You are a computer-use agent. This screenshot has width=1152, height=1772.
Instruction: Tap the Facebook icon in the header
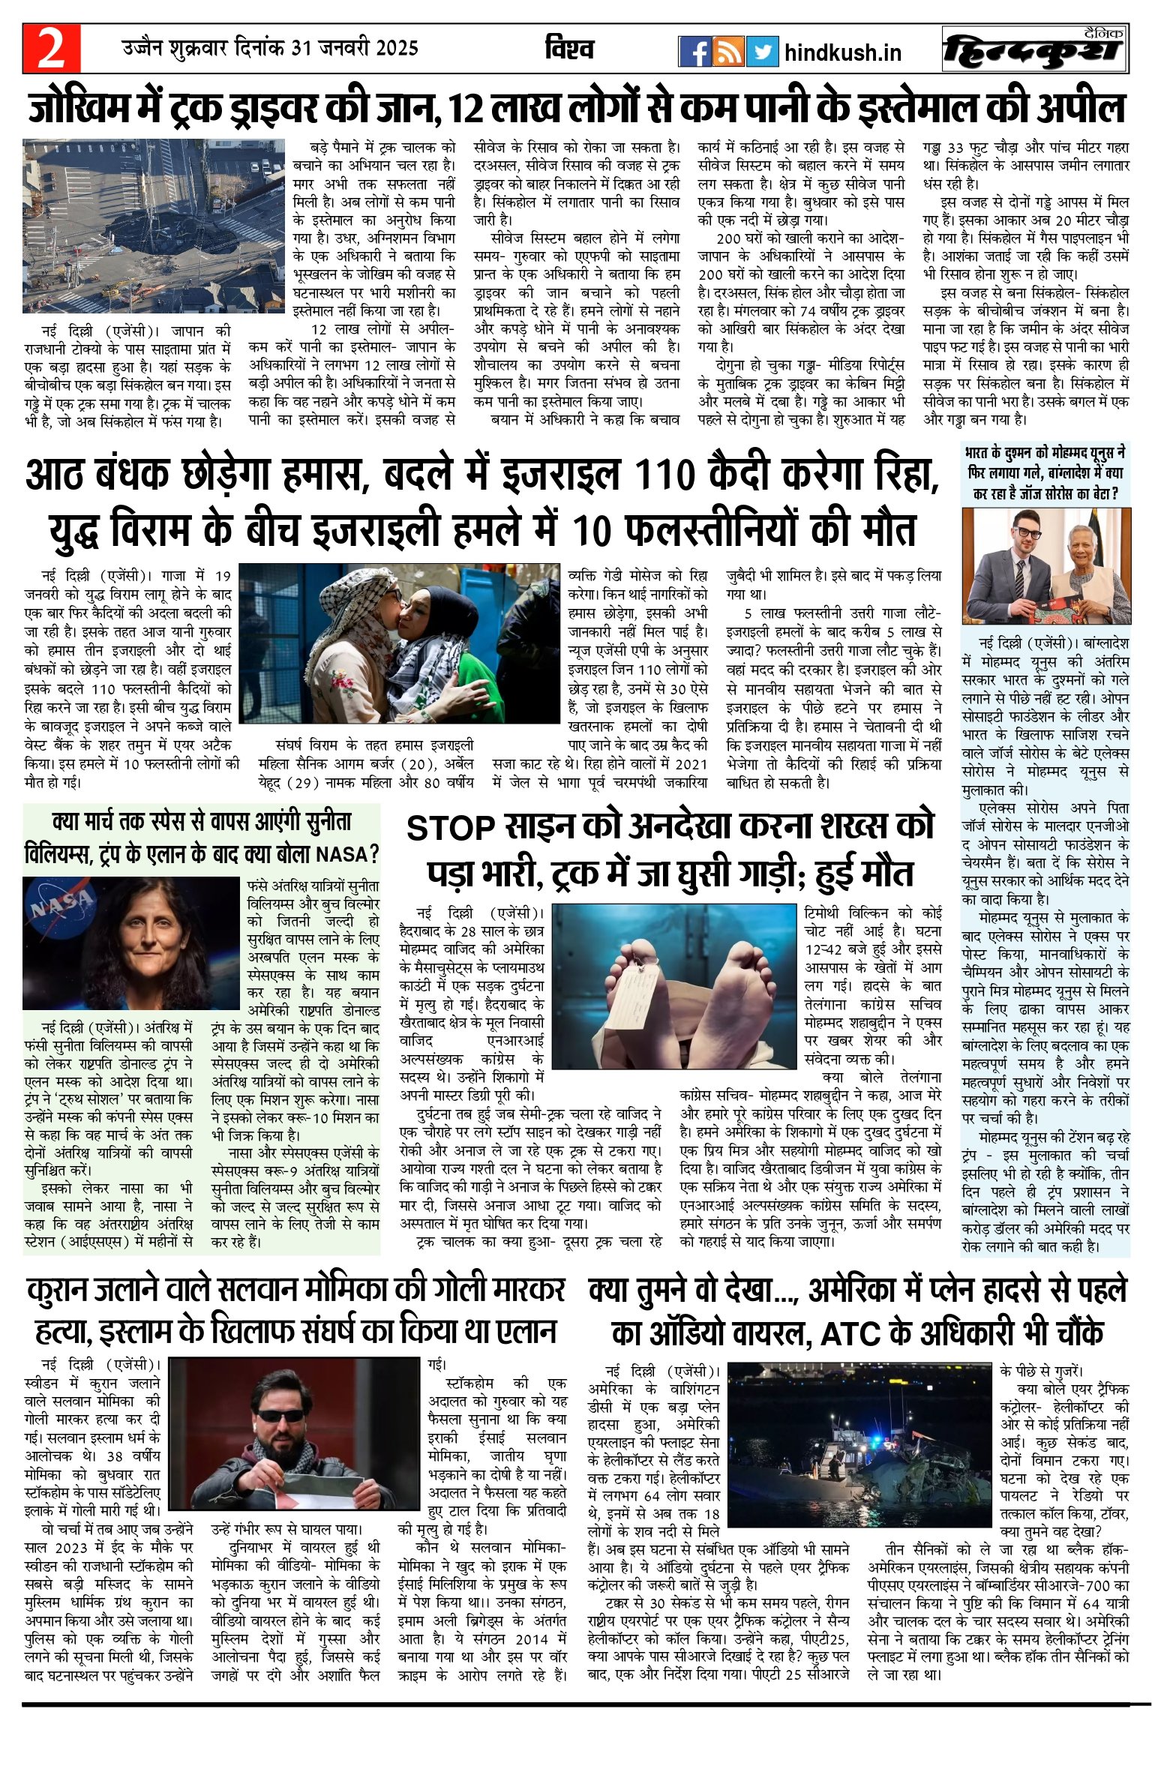694,52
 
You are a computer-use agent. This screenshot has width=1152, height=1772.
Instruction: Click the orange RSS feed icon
728,52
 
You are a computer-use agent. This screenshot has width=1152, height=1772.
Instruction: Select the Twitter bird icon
762,52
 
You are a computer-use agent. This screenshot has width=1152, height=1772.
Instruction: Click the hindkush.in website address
842,52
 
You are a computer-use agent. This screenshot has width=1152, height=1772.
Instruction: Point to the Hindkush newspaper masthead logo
1035,50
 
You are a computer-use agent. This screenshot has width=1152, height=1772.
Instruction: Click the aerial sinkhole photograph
153,225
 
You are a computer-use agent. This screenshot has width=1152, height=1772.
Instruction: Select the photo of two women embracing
399,643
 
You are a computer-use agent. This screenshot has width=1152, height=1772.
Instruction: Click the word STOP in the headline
451,828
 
